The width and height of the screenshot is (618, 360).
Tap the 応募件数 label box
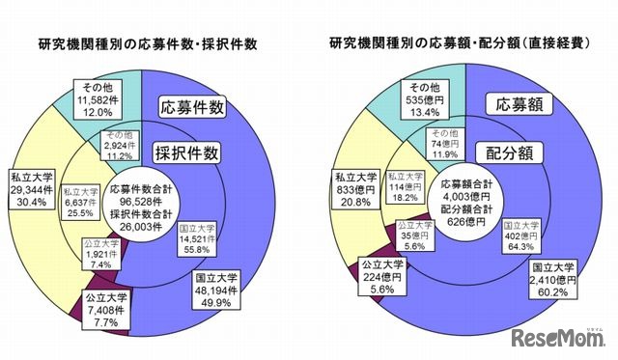(193, 108)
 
